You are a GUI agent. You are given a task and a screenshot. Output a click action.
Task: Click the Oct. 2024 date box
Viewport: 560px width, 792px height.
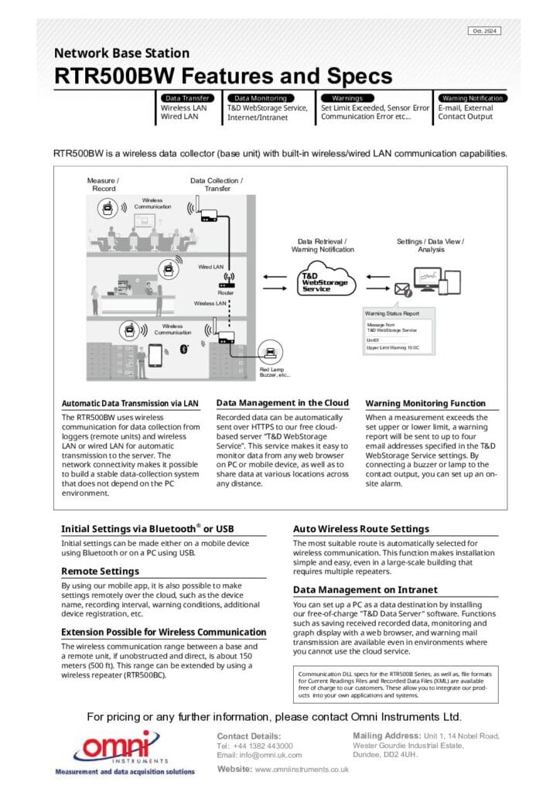(484, 31)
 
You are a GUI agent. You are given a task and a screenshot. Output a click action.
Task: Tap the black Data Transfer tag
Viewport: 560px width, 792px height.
(186, 98)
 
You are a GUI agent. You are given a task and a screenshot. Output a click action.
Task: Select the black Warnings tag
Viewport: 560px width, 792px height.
(347, 98)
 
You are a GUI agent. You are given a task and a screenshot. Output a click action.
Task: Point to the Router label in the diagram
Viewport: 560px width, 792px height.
(226, 293)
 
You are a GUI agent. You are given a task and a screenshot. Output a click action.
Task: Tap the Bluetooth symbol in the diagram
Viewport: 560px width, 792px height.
(184, 350)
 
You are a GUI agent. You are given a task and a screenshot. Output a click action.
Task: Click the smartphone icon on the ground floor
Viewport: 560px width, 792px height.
(155, 355)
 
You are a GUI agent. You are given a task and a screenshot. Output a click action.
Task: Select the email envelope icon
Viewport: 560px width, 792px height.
(402, 290)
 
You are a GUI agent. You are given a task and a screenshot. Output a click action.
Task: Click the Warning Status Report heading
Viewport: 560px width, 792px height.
(392, 313)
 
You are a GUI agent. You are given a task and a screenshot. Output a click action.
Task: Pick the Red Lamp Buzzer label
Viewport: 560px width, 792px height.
(275, 372)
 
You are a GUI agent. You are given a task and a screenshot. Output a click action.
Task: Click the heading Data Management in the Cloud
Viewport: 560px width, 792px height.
(282, 403)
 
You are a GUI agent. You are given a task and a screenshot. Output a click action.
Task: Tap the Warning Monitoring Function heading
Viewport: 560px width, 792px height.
(425, 403)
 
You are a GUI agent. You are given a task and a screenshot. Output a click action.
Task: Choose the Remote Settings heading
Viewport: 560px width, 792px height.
(100, 571)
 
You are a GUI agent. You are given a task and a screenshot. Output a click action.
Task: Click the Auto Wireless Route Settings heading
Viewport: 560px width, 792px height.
(360, 529)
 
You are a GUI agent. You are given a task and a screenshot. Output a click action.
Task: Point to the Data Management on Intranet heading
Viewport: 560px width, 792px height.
(365, 589)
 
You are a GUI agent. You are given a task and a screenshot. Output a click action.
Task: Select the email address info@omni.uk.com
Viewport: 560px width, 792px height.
(259, 755)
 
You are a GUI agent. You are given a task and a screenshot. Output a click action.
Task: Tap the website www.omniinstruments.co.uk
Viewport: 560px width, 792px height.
(301, 770)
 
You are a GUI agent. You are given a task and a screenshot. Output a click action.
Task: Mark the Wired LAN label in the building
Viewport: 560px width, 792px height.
(210, 267)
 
